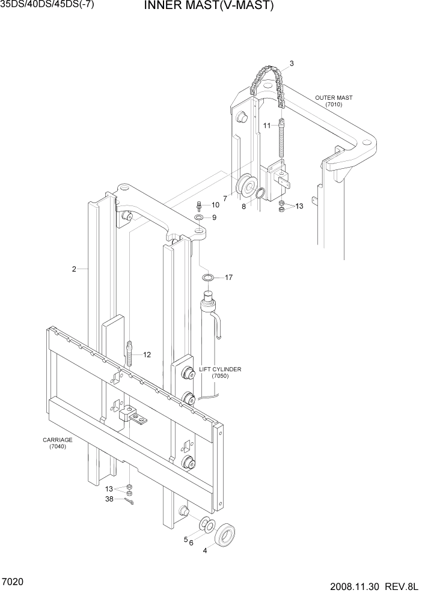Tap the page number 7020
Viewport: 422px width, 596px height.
coord(14,583)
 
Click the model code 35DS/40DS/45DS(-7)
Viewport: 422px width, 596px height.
coord(47,6)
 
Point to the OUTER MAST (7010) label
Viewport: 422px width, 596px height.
coord(334,101)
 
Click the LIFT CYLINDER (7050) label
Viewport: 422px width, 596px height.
coord(220,372)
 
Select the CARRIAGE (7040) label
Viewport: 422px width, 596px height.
coord(58,443)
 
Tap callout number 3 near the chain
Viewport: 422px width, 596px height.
coord(292,63)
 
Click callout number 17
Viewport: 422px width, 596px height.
coord(228,278)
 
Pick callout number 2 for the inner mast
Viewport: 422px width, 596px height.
coord(74,269)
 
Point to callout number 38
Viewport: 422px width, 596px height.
coord(109,499)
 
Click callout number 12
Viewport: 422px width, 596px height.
coord(147,354)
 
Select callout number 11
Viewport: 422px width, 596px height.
coord(266,125)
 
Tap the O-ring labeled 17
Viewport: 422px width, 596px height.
coord(207,277)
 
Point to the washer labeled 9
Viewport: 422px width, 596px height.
coord(199,217)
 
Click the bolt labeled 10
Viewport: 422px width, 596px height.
coord(199,205)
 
